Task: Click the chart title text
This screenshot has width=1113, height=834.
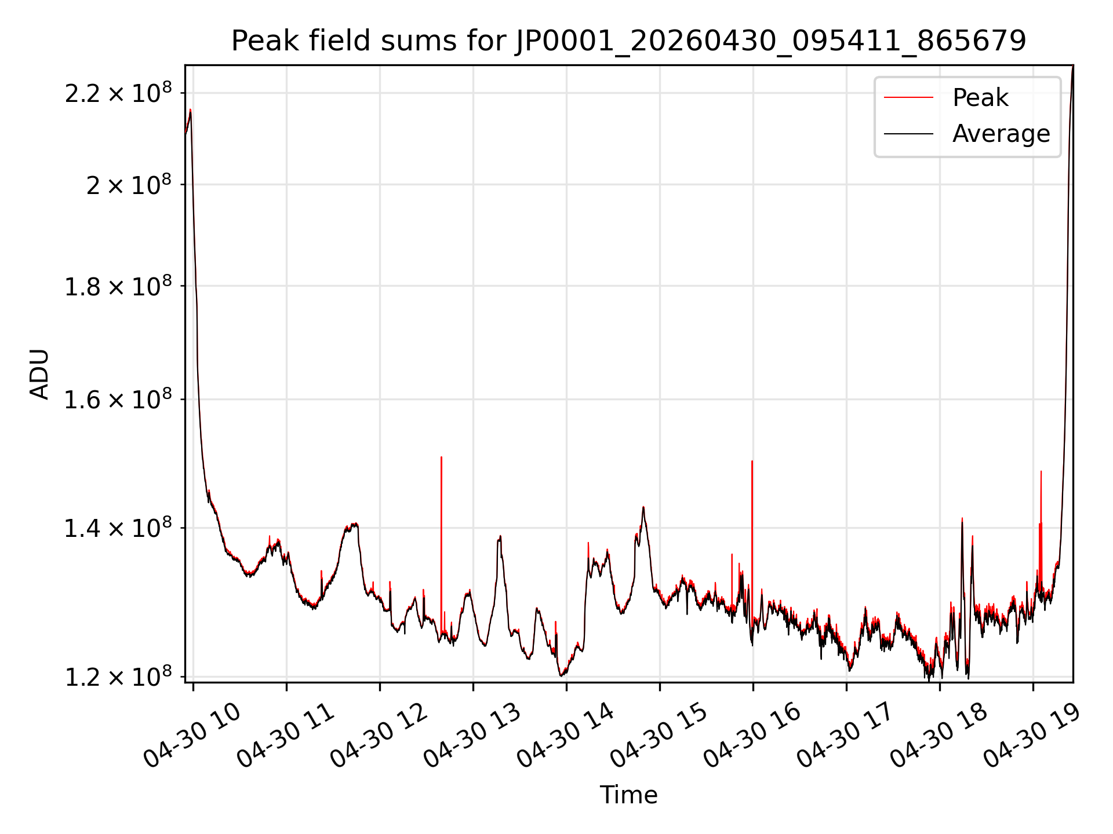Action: tap(628, 41)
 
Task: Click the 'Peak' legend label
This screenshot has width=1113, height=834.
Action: tap(980, 98)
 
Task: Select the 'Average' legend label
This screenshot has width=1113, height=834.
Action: tap(1001, 134)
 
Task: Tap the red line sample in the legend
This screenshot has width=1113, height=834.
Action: tap(908, 98)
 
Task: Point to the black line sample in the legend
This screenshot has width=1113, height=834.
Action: tap(908, 134)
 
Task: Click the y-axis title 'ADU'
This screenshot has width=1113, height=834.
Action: tap(39, 374)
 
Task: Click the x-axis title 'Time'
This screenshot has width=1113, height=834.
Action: tap(628, 795)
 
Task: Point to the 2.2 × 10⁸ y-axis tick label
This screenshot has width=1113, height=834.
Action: tap(118, 93)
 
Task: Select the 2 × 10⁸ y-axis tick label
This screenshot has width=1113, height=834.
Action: tap(129, 185)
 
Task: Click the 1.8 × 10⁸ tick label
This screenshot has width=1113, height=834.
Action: tap(118, 286)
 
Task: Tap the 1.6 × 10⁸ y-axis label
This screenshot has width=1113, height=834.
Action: tap(118, 399)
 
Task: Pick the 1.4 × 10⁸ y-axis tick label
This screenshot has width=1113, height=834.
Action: tap(118, 528)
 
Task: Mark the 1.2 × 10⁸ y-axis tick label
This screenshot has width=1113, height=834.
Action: tap(118, 676)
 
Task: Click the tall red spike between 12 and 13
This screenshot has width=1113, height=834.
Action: tap(441, 544)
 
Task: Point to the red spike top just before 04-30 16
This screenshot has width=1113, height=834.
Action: tap(752, 461)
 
